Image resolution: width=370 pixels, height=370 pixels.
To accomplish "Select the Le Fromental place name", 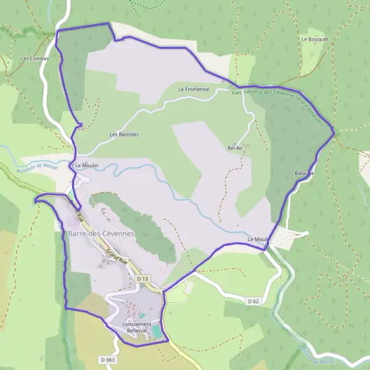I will pyautogui.click(x=194, y=89).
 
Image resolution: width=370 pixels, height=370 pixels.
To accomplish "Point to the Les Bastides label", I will pyautogui.click(x=124, y=134).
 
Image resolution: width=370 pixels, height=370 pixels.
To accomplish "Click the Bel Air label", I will pyautogui.click(x=235, y=148).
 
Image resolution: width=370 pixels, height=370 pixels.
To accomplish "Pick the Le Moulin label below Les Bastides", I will pyautogui.click(x=86, y=166).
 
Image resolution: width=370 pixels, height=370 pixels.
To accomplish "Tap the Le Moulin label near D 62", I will pyautogui.click(x=259, y=239).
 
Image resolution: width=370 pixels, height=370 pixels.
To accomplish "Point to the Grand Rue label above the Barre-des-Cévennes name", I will pyautogui.click(x=76, y=210).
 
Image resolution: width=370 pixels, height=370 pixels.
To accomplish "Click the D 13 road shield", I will pyautogui.click(x=143, y=279).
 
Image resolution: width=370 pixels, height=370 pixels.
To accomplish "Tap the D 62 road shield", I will pyautogui.click(x=253, y=302).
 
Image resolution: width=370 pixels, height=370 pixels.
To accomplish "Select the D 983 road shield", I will pyautogui.click(x=106, y=360).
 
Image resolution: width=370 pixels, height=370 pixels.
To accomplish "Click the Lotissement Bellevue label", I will pyautogui.click(x=137, y=327).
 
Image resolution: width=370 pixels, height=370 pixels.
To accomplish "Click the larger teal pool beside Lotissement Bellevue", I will pyautogui.click(x=158, y=332).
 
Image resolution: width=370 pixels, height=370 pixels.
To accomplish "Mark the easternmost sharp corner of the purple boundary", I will pyautogui.click(x=334, y=133).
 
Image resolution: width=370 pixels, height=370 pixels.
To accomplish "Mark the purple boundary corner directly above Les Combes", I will pyautogui.click(x=57, y=31).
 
